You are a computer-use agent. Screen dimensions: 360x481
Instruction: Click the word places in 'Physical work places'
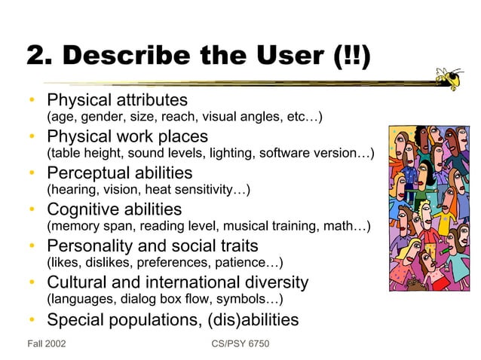[182, 137]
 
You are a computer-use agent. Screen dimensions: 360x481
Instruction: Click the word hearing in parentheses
[72, 190]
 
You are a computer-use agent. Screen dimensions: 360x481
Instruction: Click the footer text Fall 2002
[45, 344]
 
